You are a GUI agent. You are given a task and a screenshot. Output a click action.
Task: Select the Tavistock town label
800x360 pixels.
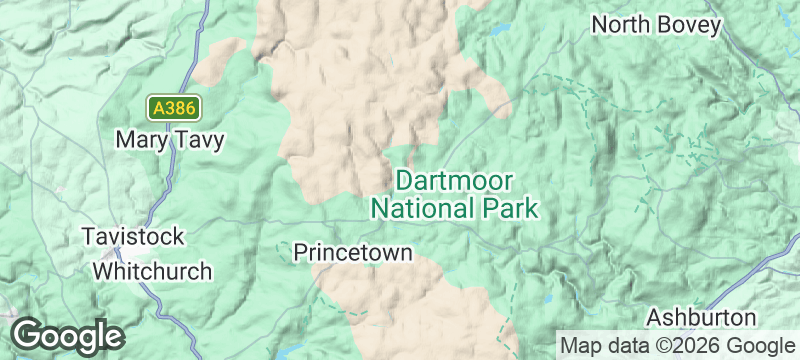(133, 237)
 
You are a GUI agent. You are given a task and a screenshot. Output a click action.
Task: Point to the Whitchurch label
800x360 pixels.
(152, 271)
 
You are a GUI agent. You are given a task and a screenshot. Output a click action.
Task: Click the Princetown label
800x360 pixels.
(352, 252)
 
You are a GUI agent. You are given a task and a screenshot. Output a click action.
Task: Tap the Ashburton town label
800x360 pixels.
(701, 316)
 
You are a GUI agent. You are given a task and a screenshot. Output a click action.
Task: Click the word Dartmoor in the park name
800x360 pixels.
(455, 181)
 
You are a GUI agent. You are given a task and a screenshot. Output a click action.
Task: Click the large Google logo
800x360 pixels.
(67, 335)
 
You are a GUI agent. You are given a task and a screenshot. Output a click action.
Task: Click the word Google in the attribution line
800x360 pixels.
(763, 345)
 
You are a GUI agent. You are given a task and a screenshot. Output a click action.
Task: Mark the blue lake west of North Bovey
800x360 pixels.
(497, 30)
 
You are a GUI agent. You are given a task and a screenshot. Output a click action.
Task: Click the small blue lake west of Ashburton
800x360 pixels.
(549, 298)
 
